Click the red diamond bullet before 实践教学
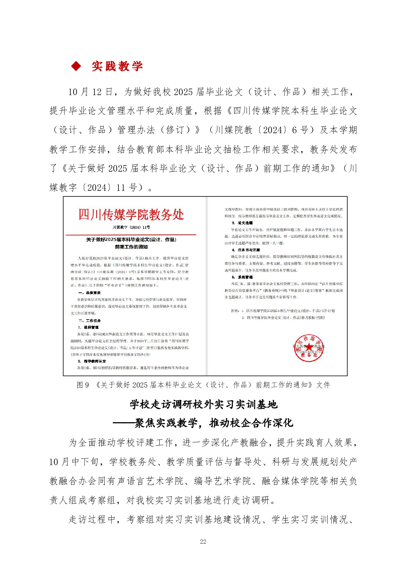(x=76, y=66)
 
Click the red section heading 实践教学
(x=117, y=66)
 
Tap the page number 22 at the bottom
(x=203, y=541)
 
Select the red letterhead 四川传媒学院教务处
(x=131, y=215)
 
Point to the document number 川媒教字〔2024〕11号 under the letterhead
(x=131, y=227)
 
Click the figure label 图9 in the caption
(x=83, y=385)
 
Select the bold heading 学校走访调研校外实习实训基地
(x=203, y=404)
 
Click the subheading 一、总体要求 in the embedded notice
(x=89, y=293)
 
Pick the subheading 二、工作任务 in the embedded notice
(x=89, y=321)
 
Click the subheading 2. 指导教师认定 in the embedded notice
(x=92, y=361)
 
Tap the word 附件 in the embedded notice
(x=235, y=311)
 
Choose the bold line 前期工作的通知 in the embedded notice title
(x=131, y=247)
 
